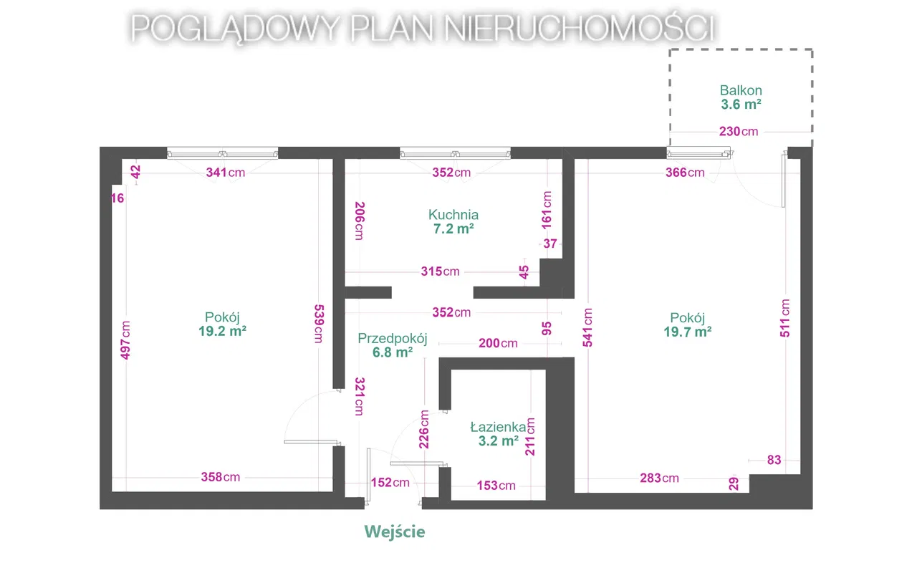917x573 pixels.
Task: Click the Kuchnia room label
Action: pyautogui.click(x=453, y=214)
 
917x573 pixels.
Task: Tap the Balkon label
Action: pyautogui.click(x=741, y=91)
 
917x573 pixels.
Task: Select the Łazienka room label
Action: pyautogui.click(x=498, y=427)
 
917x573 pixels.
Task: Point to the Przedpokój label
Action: pyautogui.click(x=393, y=339)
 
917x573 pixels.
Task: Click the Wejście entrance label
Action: pyautogui.click(x=394, y=532)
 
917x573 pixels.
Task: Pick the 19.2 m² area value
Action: pyautogui.click(x=223, y=332)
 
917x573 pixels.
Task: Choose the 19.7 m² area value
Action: pyautogui.click(x=688, y=332)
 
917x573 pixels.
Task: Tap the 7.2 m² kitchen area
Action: pyautogui.click(x=453, y=228)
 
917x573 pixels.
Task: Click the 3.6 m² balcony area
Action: pyautogui.click(x=741, y=105)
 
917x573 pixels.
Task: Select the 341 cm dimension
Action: pyautogui.click(x=226, y=173)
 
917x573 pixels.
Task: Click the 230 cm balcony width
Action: pyautogui.click(x=739, y=132)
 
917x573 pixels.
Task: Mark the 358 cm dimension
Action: pyautogui.click(x=221, y=478)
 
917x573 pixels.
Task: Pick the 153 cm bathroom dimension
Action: pyautogui.click(x=496, y=486)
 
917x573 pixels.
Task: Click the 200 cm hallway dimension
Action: pyautogui.click(x=498, y=343)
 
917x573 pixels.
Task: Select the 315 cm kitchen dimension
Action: pyautogui.click(x=440, y=271)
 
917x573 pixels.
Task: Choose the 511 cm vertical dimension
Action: pyautogui.click(x=786, y=317)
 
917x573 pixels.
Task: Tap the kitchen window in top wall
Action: pyautogui.click(x=455, y=153)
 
